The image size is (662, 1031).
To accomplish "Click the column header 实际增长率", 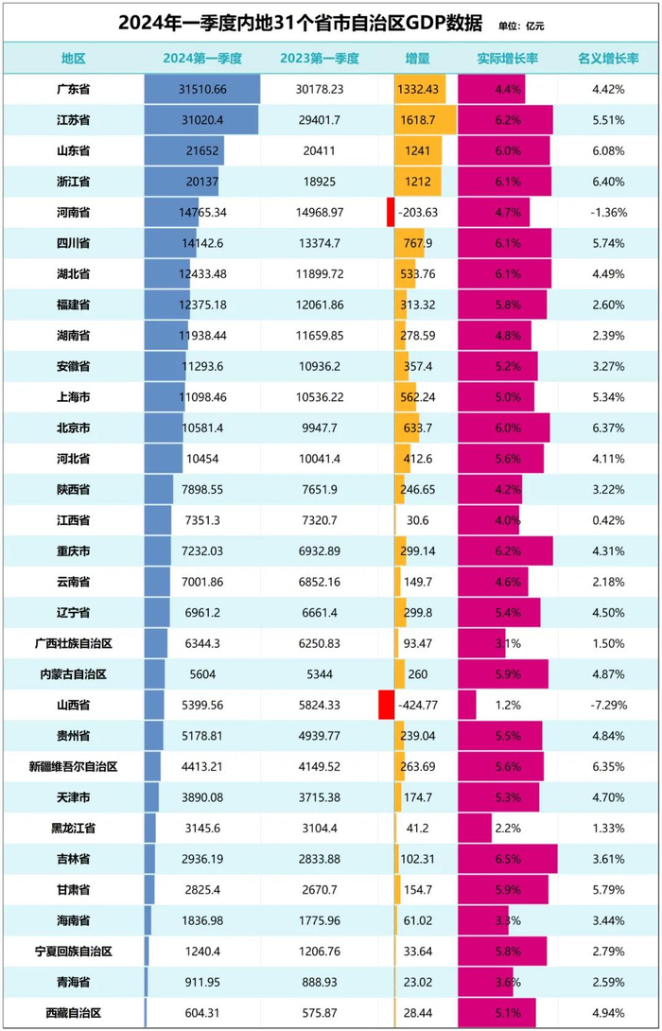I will point(508,59).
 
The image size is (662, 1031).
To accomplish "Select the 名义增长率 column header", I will point(608,59).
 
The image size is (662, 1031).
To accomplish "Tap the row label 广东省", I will point(73,90).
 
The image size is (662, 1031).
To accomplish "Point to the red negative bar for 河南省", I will point(390,212).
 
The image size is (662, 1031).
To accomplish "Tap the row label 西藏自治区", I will point(73,1013).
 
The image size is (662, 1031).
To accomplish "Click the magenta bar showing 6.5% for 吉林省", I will point(508,859).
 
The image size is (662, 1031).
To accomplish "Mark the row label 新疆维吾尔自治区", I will point(73,766).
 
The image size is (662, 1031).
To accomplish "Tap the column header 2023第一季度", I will point(320,59).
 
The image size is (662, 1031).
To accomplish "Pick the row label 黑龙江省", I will point(73,828).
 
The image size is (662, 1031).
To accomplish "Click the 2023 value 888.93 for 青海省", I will point(320,982).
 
